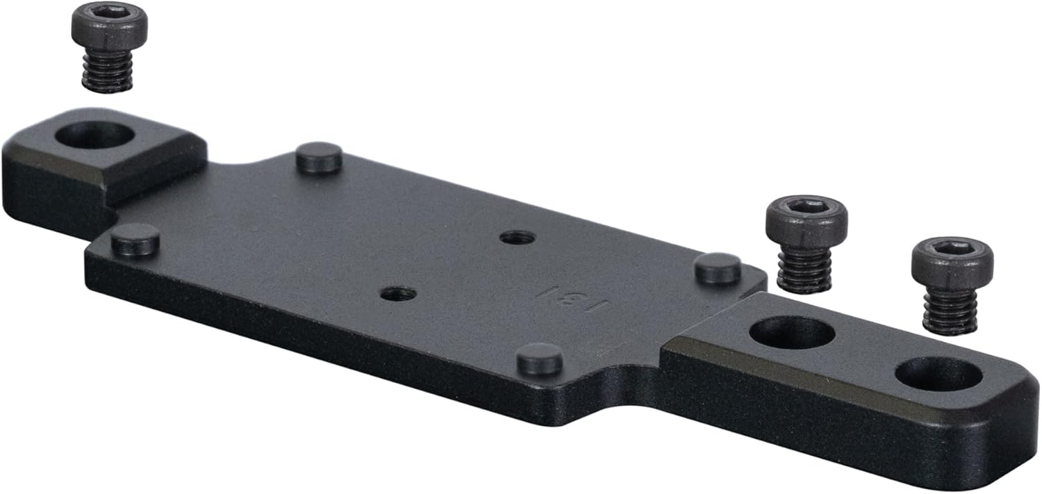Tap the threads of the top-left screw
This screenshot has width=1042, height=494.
(108, 72)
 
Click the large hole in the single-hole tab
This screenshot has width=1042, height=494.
(94, 135)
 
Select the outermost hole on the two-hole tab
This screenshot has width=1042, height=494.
(938, 374)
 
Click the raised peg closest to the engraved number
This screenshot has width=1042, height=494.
(540, 359)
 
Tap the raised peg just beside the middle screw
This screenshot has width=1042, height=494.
(718, 268)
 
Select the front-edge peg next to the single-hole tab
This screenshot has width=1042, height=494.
(135, 239)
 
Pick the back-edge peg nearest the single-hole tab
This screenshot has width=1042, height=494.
(319, 158)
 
